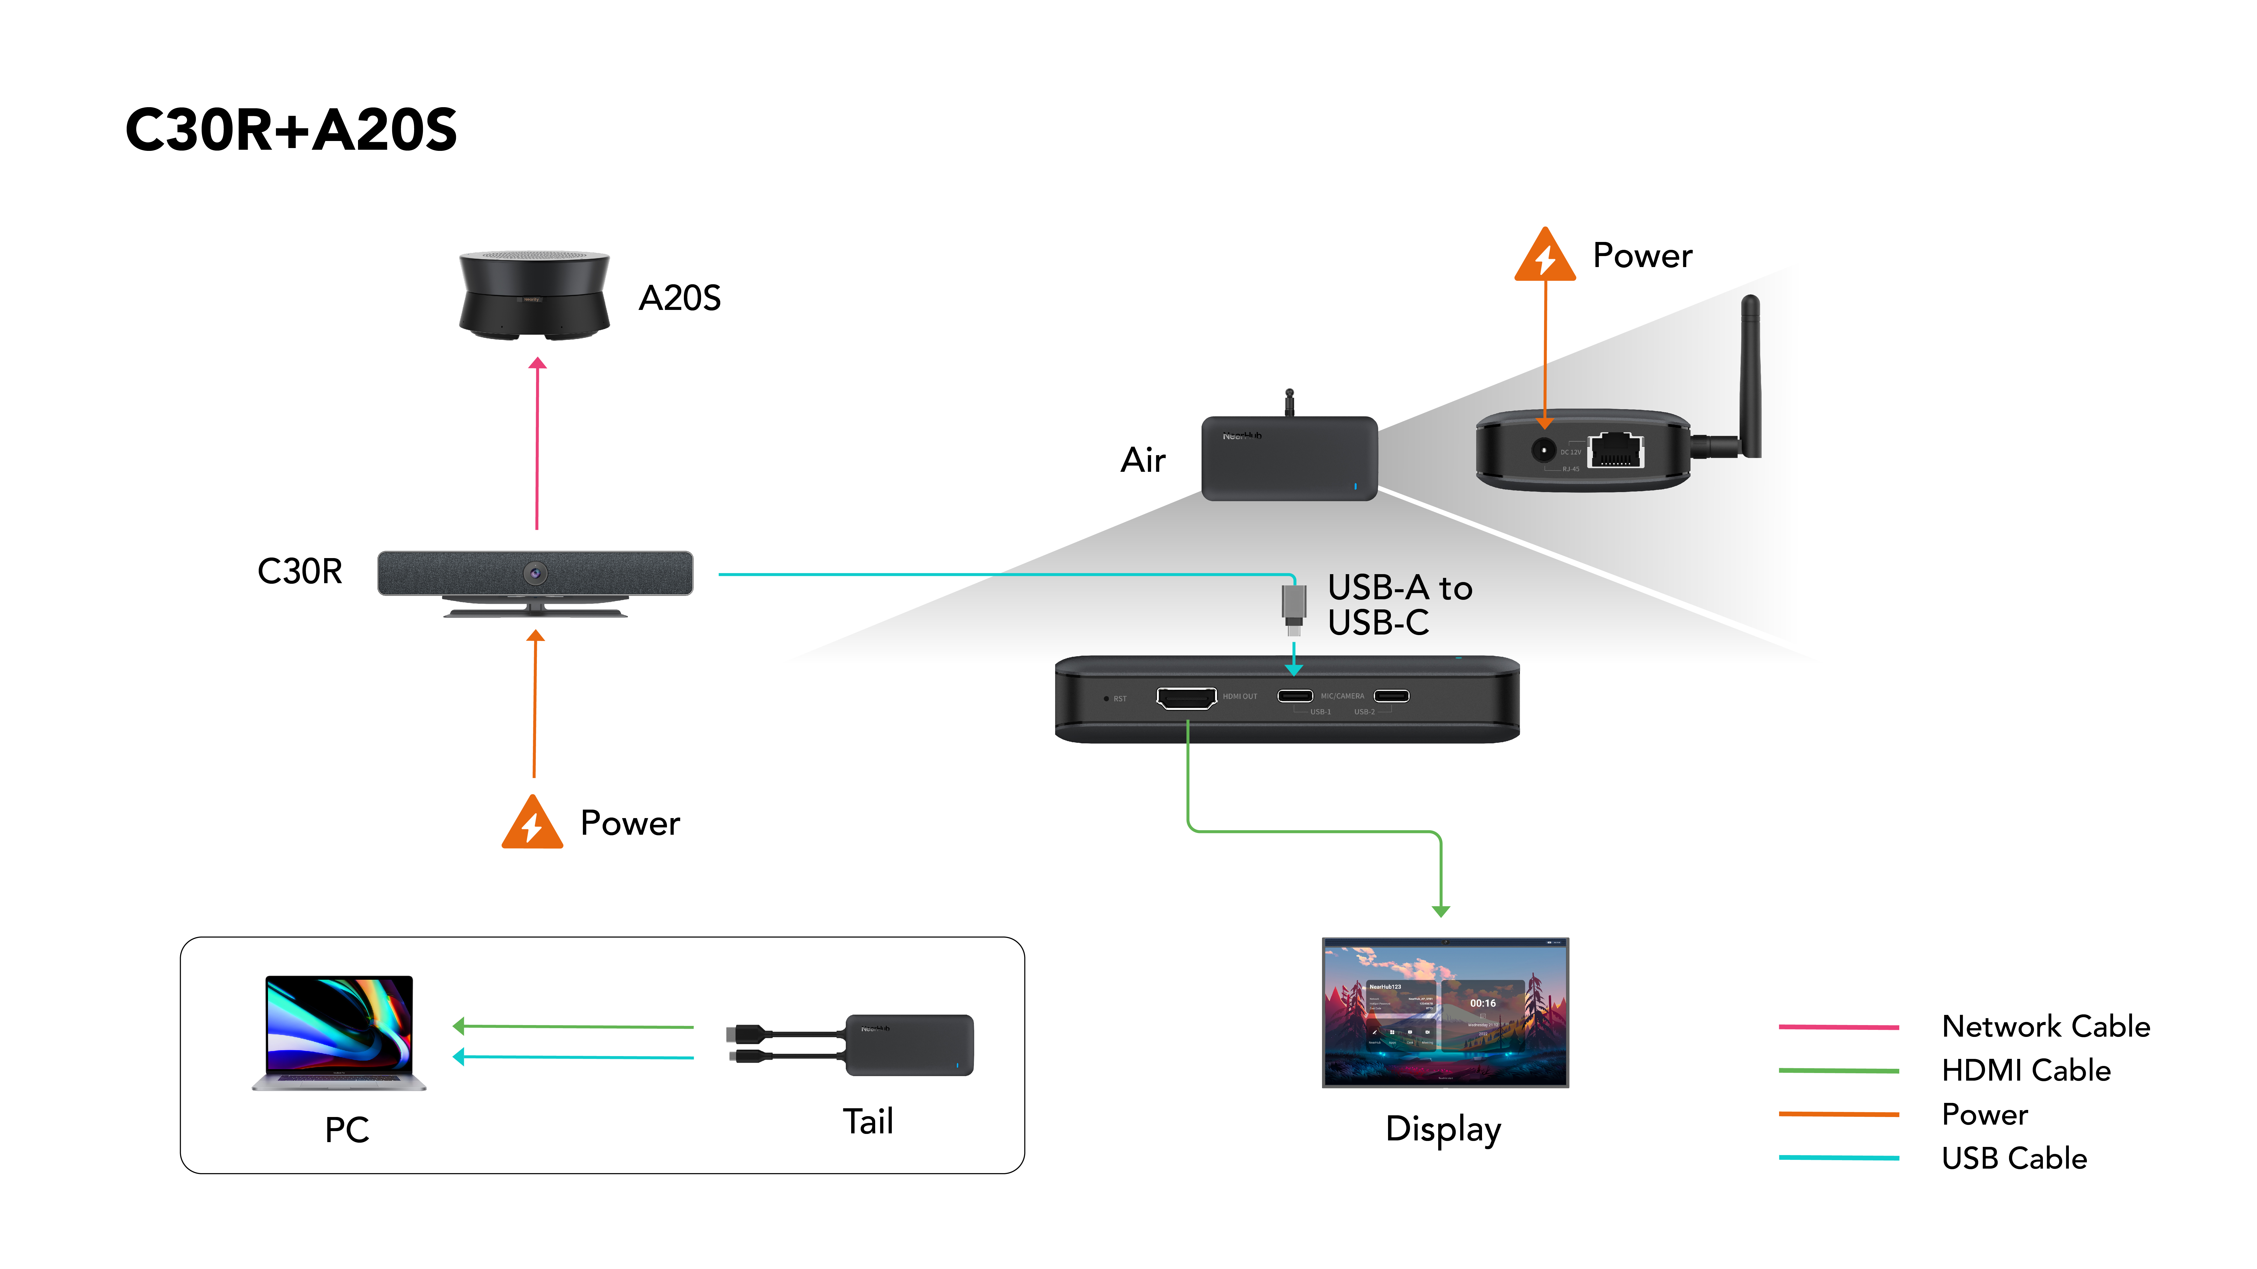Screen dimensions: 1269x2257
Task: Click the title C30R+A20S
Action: pyautogui.click(x=291, y=130)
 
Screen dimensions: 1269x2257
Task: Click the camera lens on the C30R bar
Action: pyautogui.click(x=535, y=574)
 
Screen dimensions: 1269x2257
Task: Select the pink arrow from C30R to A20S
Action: pyautogui.click(x=537, y=442)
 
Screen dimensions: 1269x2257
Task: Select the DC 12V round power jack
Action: pyautogui.click(x=1543, y=450)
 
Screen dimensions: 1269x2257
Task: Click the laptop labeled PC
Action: pyautogui.click(x=339, y=1032)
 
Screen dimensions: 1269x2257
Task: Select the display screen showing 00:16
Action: pyautogui.click(x=1445, y=1012)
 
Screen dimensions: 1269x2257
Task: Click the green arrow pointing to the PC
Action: pyautogui.click(x=574, y=1026)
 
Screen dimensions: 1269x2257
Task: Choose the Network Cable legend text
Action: pyautogui.click(x=2045, y=1026)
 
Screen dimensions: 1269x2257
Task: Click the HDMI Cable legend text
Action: pyautogui.click(x=2026, y=1070)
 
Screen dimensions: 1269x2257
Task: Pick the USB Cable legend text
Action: pyautogui.click(x=2014, y=1159)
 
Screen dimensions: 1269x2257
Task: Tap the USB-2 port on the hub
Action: pyautogui.click(x=1391, y=696)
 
